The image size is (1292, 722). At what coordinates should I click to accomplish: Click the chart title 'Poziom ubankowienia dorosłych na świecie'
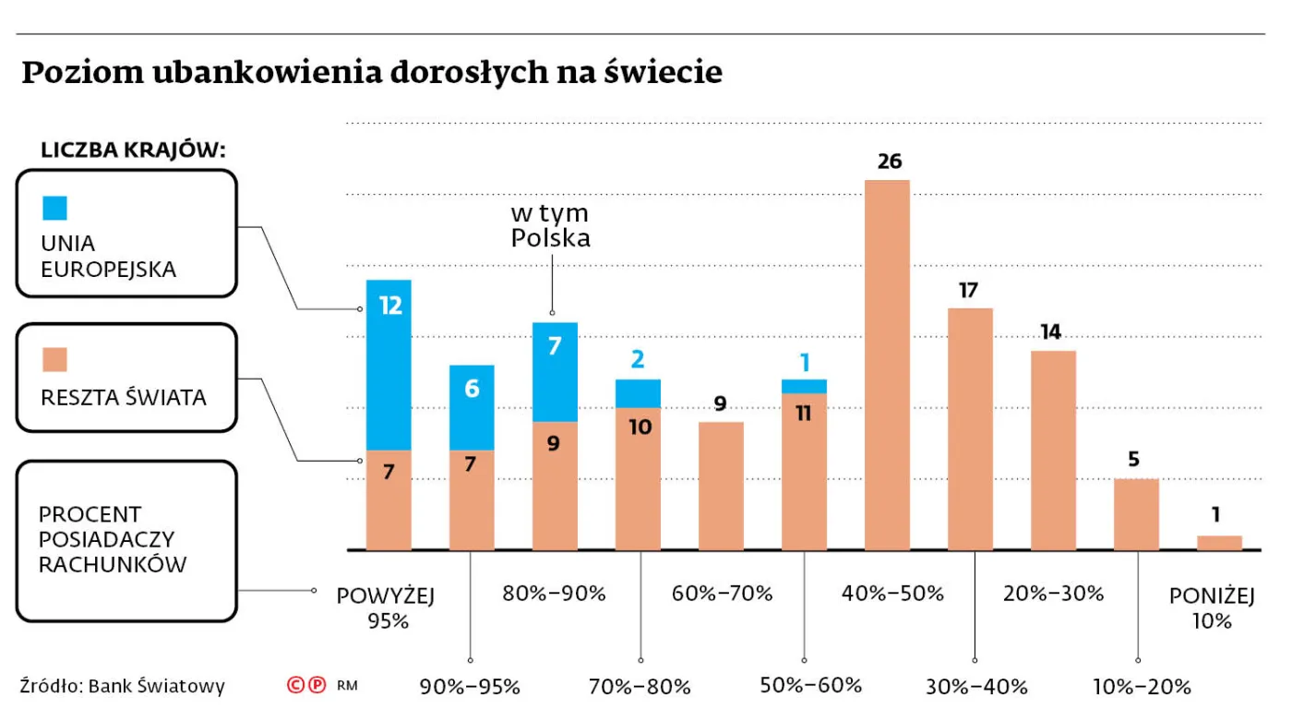[371, 72]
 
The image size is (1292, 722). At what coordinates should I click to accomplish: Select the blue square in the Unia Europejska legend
[54, 208]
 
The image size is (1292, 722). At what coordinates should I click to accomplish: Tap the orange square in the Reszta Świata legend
[54, 359]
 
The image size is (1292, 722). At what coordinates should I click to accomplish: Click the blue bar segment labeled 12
[389, 365]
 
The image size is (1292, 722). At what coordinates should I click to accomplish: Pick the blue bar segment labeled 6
[472, 407]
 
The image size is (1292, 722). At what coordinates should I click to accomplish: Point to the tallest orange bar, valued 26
[887, 365]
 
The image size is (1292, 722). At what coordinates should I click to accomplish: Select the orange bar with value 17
[970, 429]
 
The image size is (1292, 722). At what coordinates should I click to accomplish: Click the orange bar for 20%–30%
[1053, 451]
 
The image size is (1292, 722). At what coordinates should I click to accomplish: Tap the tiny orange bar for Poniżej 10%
[1219, 543]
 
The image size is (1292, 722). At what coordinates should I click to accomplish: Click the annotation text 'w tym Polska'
[551, 226]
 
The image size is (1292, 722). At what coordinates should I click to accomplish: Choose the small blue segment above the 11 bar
[804, 386]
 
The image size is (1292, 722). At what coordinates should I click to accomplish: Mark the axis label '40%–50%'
[892, 594]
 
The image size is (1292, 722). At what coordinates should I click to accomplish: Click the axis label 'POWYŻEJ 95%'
[386, 608]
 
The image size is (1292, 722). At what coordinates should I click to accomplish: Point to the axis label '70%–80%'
[640, 686]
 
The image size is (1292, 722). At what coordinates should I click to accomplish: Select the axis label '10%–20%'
[1142, 686]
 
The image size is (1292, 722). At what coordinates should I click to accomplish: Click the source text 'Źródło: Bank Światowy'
[123, 686]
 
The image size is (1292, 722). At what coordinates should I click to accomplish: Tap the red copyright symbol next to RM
[296, 685]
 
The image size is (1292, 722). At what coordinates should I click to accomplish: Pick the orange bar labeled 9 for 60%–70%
[721, 486]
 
